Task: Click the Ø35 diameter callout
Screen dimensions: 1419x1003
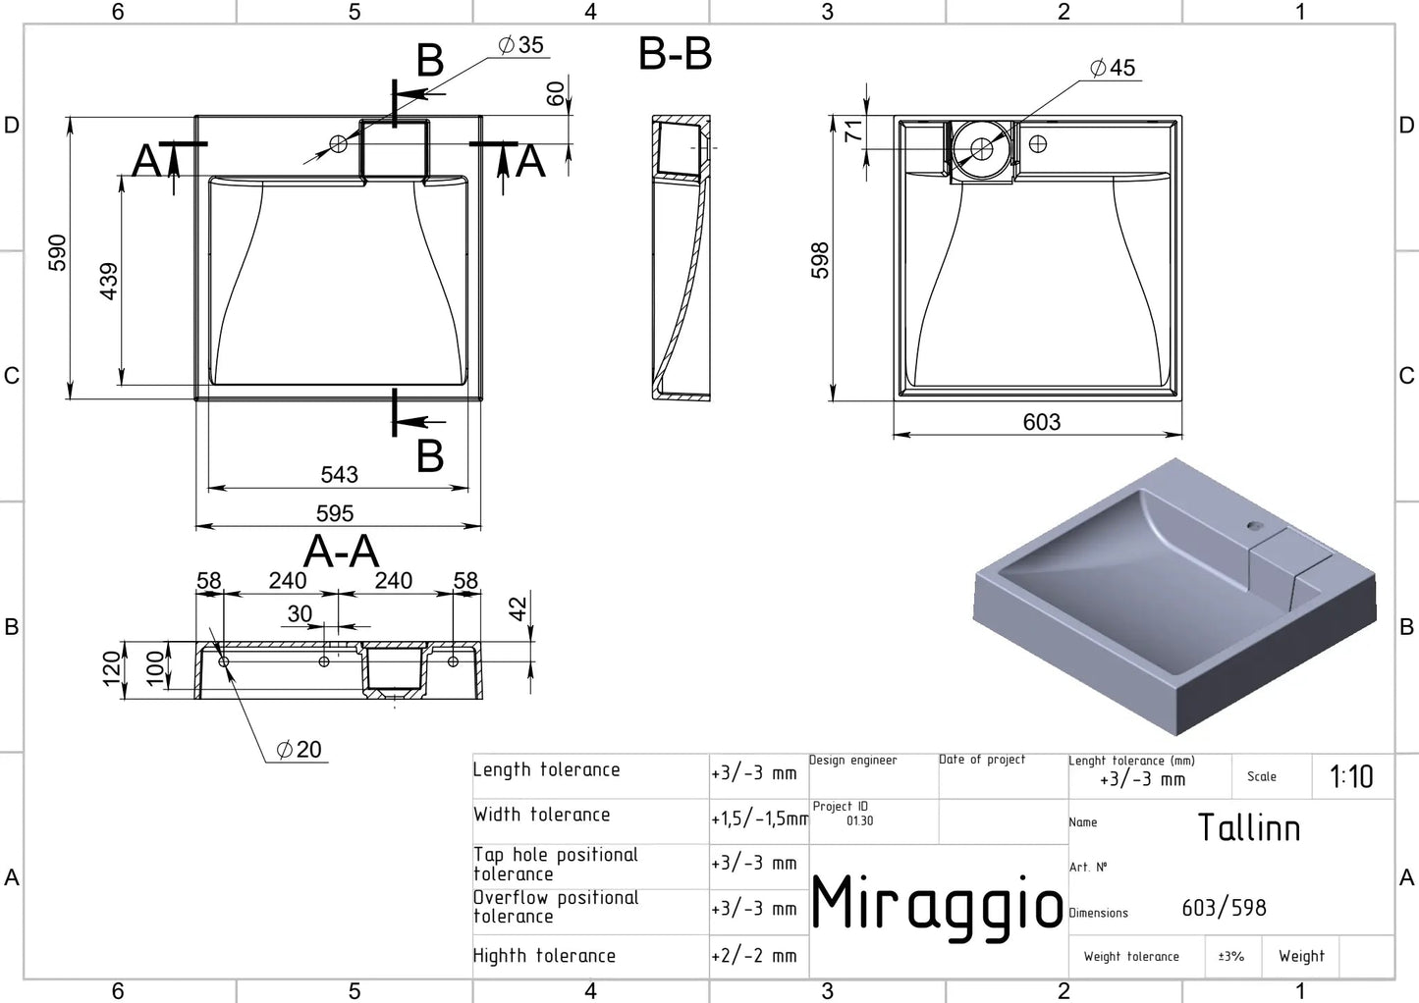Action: click(x=520, y=45)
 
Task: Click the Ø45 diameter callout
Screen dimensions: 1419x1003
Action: click(x=1113, y=68)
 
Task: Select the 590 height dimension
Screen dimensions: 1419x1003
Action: click(x=57, y=252)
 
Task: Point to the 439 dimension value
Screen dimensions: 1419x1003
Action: click(x=109, y=281)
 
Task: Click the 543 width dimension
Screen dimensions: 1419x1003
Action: click(x=339, y=475)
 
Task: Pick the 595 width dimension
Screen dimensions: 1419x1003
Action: click(x=335, y=513)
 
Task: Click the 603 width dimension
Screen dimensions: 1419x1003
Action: click(x=1042, y=422)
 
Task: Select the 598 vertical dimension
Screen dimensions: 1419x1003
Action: click(x=820, y=260)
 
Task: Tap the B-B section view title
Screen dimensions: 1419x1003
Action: click(x=675, y=54)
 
